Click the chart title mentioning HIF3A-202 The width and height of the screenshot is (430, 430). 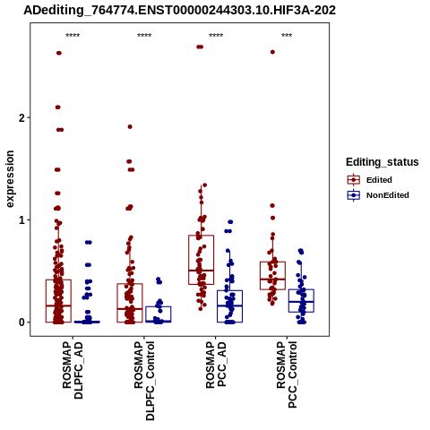click(x=180, y=10)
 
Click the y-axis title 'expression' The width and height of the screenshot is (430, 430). click(x=10, y=179)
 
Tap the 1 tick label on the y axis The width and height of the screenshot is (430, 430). click(x=22, y=220)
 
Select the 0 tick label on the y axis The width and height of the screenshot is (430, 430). click(x=22, y=322)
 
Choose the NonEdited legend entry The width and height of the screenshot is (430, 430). click(x=378, y=195)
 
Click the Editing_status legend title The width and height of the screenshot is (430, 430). click(x=383, y=162)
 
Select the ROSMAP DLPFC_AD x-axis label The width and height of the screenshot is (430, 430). click(x=73, y=370)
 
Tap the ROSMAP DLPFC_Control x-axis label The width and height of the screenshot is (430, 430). click(x=144, y=381)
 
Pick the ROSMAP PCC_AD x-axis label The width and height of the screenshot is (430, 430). click(x=216, y=365)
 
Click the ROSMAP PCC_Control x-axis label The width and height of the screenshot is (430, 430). click(x=287, y=374)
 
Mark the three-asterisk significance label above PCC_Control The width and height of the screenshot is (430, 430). click(x=287, y=36)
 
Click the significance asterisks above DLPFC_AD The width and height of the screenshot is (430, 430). click(x=73, y=36)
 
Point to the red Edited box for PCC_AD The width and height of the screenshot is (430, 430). click(x=201, y=260)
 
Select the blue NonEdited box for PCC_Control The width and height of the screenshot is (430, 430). click(x=301, y=301)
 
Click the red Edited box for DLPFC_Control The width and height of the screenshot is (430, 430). click(x=130, y=303)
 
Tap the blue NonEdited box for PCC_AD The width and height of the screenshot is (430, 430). click(x=229, y=306)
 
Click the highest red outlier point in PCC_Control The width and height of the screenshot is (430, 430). click(x=272, y=52)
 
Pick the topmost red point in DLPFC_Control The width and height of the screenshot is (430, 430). click(x=130, y=127)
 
